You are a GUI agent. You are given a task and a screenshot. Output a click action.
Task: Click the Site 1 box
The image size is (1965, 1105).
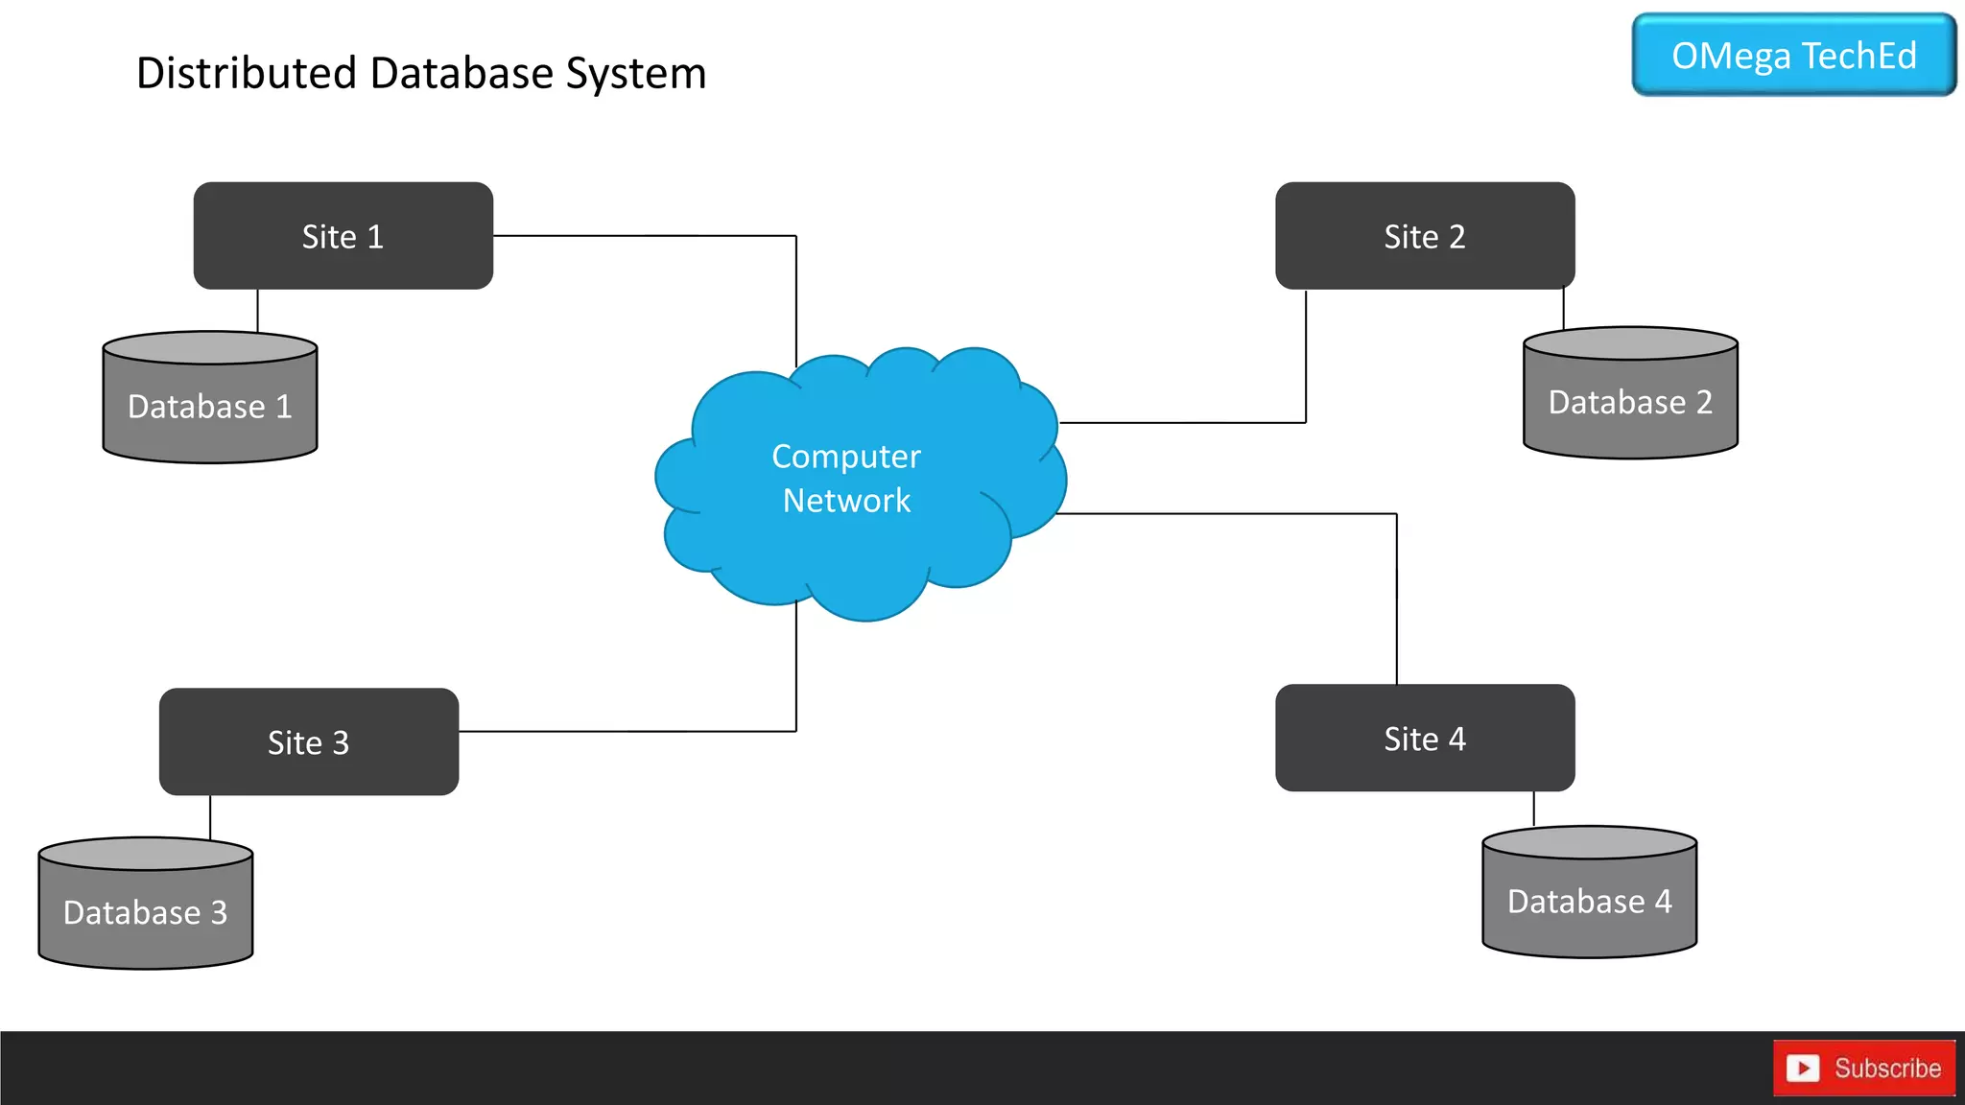tap(343, 236)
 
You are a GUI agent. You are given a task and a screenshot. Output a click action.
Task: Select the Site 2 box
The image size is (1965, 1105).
tap(1424, 236)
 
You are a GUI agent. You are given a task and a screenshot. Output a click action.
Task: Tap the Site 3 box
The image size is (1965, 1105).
tap(308, 741)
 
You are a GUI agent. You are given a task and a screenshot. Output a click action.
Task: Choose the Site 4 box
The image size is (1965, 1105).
tap(1424, 738)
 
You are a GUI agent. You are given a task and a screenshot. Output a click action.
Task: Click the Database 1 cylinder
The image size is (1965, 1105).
tap(209, 406)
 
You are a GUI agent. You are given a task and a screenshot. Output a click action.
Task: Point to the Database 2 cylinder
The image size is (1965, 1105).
tap(1629, 401)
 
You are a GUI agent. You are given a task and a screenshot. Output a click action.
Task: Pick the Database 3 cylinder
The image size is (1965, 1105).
tap(145, 911)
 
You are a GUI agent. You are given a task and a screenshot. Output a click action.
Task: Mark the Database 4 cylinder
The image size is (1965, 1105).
tap(1589, 900)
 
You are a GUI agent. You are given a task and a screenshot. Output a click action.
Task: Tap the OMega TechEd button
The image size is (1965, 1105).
tap(1793, 56)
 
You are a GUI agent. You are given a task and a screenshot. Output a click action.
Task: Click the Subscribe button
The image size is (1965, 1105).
tap(1863, 1068)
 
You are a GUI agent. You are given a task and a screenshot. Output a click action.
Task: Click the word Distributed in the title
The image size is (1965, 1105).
tap(246, 74)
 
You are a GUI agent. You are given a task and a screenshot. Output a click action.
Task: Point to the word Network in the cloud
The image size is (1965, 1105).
tap(846, 501)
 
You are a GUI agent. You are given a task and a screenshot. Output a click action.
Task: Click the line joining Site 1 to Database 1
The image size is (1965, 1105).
tap(257, 310)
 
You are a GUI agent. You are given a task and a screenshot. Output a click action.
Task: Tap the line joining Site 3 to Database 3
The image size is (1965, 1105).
tap(210, 815)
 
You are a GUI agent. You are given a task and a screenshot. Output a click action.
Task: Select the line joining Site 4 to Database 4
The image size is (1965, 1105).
tap(1533, 808)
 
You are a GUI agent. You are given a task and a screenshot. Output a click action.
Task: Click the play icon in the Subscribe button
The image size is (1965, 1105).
tap(1803, 1068)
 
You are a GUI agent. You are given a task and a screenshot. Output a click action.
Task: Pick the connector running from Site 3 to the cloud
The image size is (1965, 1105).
tap(624, 731)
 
